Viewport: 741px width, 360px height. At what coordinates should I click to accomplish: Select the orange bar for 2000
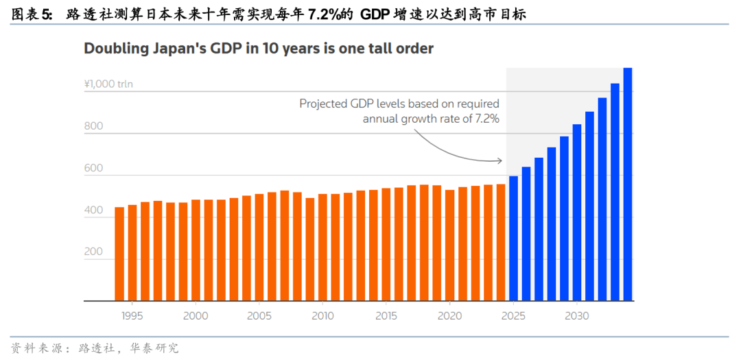pos(196,250)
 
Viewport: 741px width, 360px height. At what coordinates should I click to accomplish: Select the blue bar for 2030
pos(577,213)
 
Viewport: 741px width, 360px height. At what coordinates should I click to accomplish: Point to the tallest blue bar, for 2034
pos(628,184)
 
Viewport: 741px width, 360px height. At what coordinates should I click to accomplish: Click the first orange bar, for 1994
pos(119,254)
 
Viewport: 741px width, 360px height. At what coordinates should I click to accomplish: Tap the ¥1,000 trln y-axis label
pos(108,84)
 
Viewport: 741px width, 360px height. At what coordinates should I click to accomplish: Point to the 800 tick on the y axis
pos(93,126)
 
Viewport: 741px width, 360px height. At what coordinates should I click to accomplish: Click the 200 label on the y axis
pos(93,252)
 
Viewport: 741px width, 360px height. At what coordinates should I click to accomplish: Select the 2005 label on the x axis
pos(259,316)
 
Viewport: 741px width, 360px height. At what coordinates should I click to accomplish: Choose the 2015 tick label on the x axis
pos(386,316)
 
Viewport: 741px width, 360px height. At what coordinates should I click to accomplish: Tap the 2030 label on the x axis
pos(577,316)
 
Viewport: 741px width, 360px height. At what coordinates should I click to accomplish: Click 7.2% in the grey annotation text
pos(484,118)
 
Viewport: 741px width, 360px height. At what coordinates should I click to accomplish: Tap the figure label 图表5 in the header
pos(32,13)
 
